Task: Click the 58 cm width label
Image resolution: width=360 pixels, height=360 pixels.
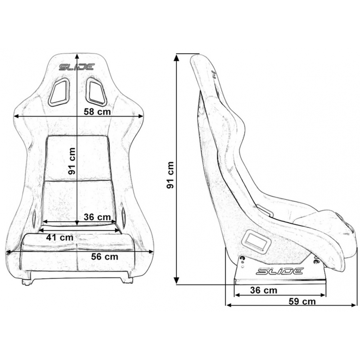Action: (97, 112)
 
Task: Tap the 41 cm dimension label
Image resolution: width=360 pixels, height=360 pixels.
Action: (60, 237)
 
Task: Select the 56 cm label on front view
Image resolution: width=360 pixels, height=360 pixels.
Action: (105, 256)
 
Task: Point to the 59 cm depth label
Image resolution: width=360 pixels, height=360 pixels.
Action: (302, 301)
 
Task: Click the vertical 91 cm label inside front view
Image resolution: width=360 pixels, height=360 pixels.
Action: (72, 161)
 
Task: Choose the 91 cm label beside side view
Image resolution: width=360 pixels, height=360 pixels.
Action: (170, 175)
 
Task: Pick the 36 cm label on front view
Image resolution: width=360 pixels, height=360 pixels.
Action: (97, 217)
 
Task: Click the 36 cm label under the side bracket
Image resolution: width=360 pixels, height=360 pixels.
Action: (264, 290)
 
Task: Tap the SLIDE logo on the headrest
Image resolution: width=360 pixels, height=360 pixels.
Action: (77, 67)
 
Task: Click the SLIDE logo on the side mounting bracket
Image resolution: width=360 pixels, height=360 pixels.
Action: (280, 271)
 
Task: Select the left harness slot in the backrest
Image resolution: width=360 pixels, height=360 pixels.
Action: (59, 92)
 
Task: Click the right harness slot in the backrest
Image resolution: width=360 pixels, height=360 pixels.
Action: (96, 92)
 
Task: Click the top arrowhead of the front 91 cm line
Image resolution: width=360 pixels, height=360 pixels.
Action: (77, 57)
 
